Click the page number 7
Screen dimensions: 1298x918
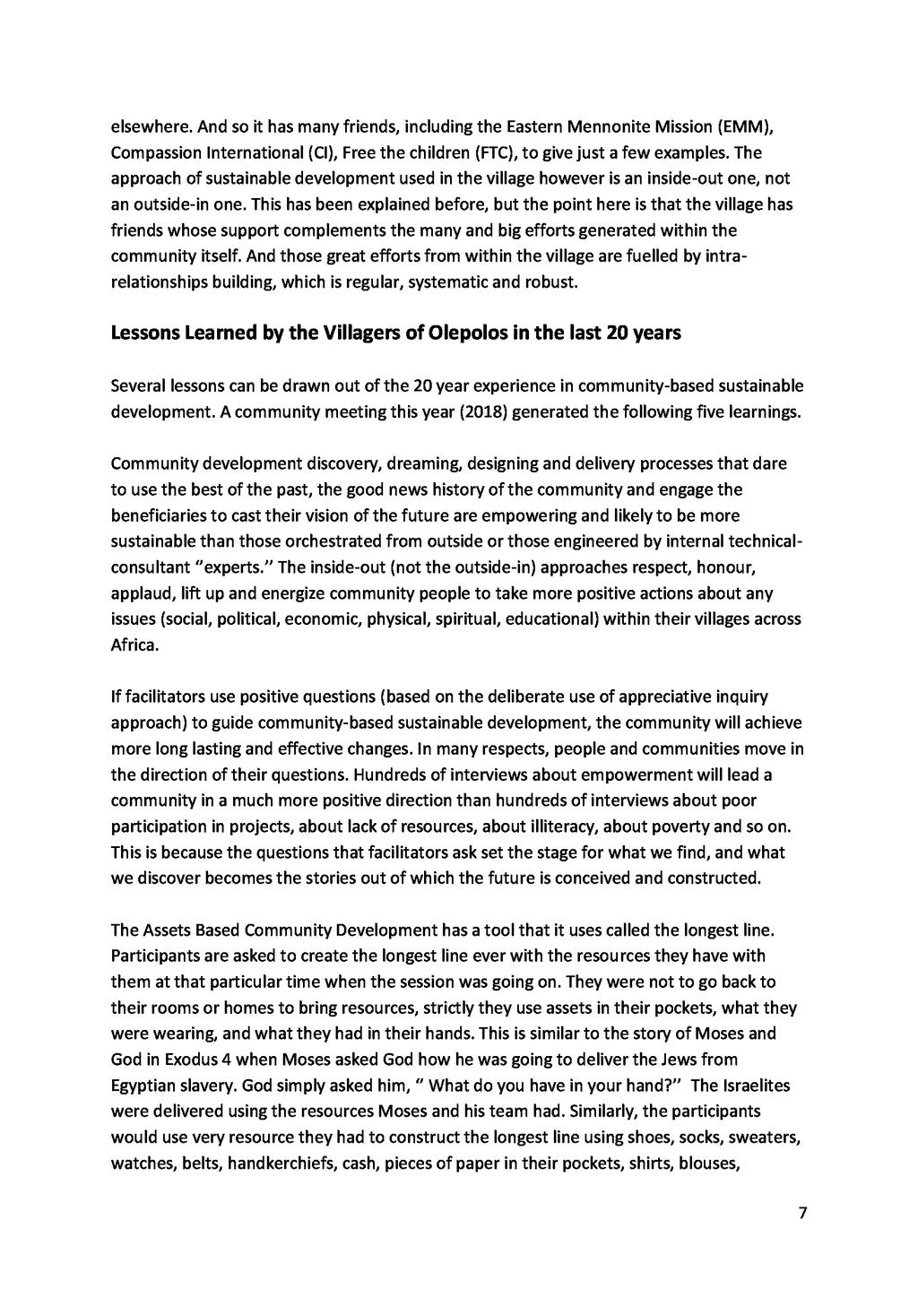pos(802,1214)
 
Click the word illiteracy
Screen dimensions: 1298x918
pos(585,825)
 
